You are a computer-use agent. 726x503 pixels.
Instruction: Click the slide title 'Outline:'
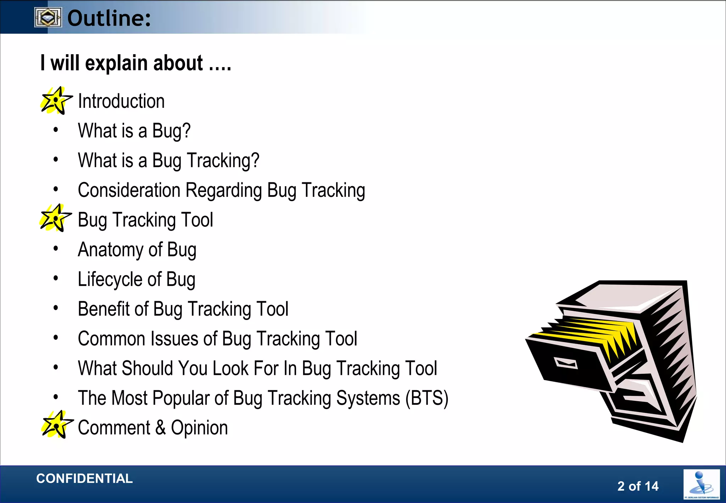[x=109, y=18]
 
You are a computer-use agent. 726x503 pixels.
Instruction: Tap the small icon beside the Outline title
[x=48, y=17]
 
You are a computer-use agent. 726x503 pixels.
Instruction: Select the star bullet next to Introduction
[x=56, y=101]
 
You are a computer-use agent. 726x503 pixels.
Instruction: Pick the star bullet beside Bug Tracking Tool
[x=55, y=218]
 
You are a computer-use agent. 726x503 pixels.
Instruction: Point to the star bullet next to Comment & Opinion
[x=57, y=425]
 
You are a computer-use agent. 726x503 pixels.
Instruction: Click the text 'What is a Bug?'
[x=134, y=131]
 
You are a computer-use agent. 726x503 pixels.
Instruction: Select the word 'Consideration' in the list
[x=129, y=190]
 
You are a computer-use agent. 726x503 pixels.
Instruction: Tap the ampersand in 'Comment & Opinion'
[x=160, y=427]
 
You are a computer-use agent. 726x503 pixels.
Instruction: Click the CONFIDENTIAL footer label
[x=84, y=479]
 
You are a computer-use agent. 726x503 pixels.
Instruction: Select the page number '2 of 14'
[x=638, y=486]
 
